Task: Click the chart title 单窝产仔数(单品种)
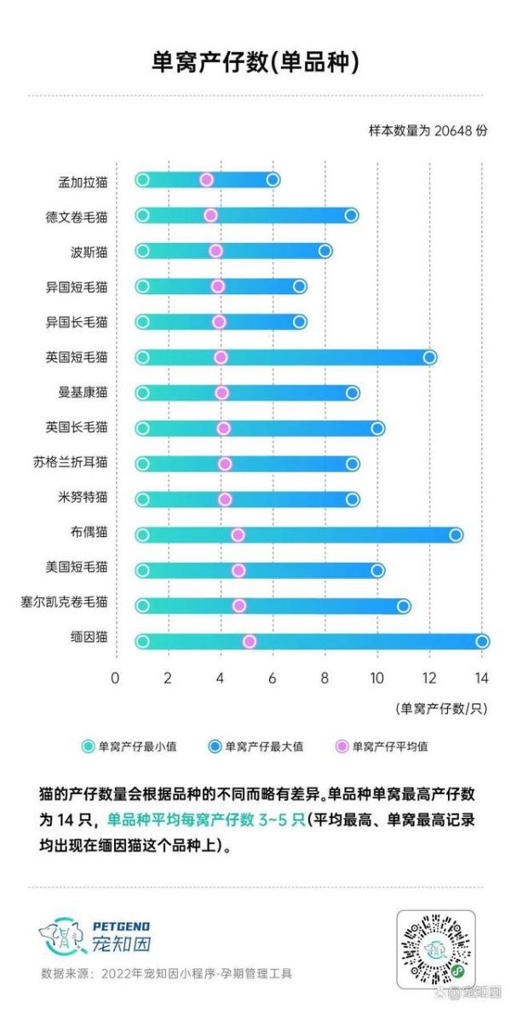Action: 255,62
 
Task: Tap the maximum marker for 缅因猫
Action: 482,641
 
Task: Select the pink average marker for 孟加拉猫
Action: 206,179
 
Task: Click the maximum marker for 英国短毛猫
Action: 430,357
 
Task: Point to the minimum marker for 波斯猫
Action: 142,251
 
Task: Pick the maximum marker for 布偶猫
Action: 456,534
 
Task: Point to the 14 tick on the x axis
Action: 482,678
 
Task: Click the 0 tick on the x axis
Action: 116,678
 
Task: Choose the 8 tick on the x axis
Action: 325,678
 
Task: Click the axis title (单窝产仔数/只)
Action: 441,707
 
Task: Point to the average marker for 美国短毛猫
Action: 238,570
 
